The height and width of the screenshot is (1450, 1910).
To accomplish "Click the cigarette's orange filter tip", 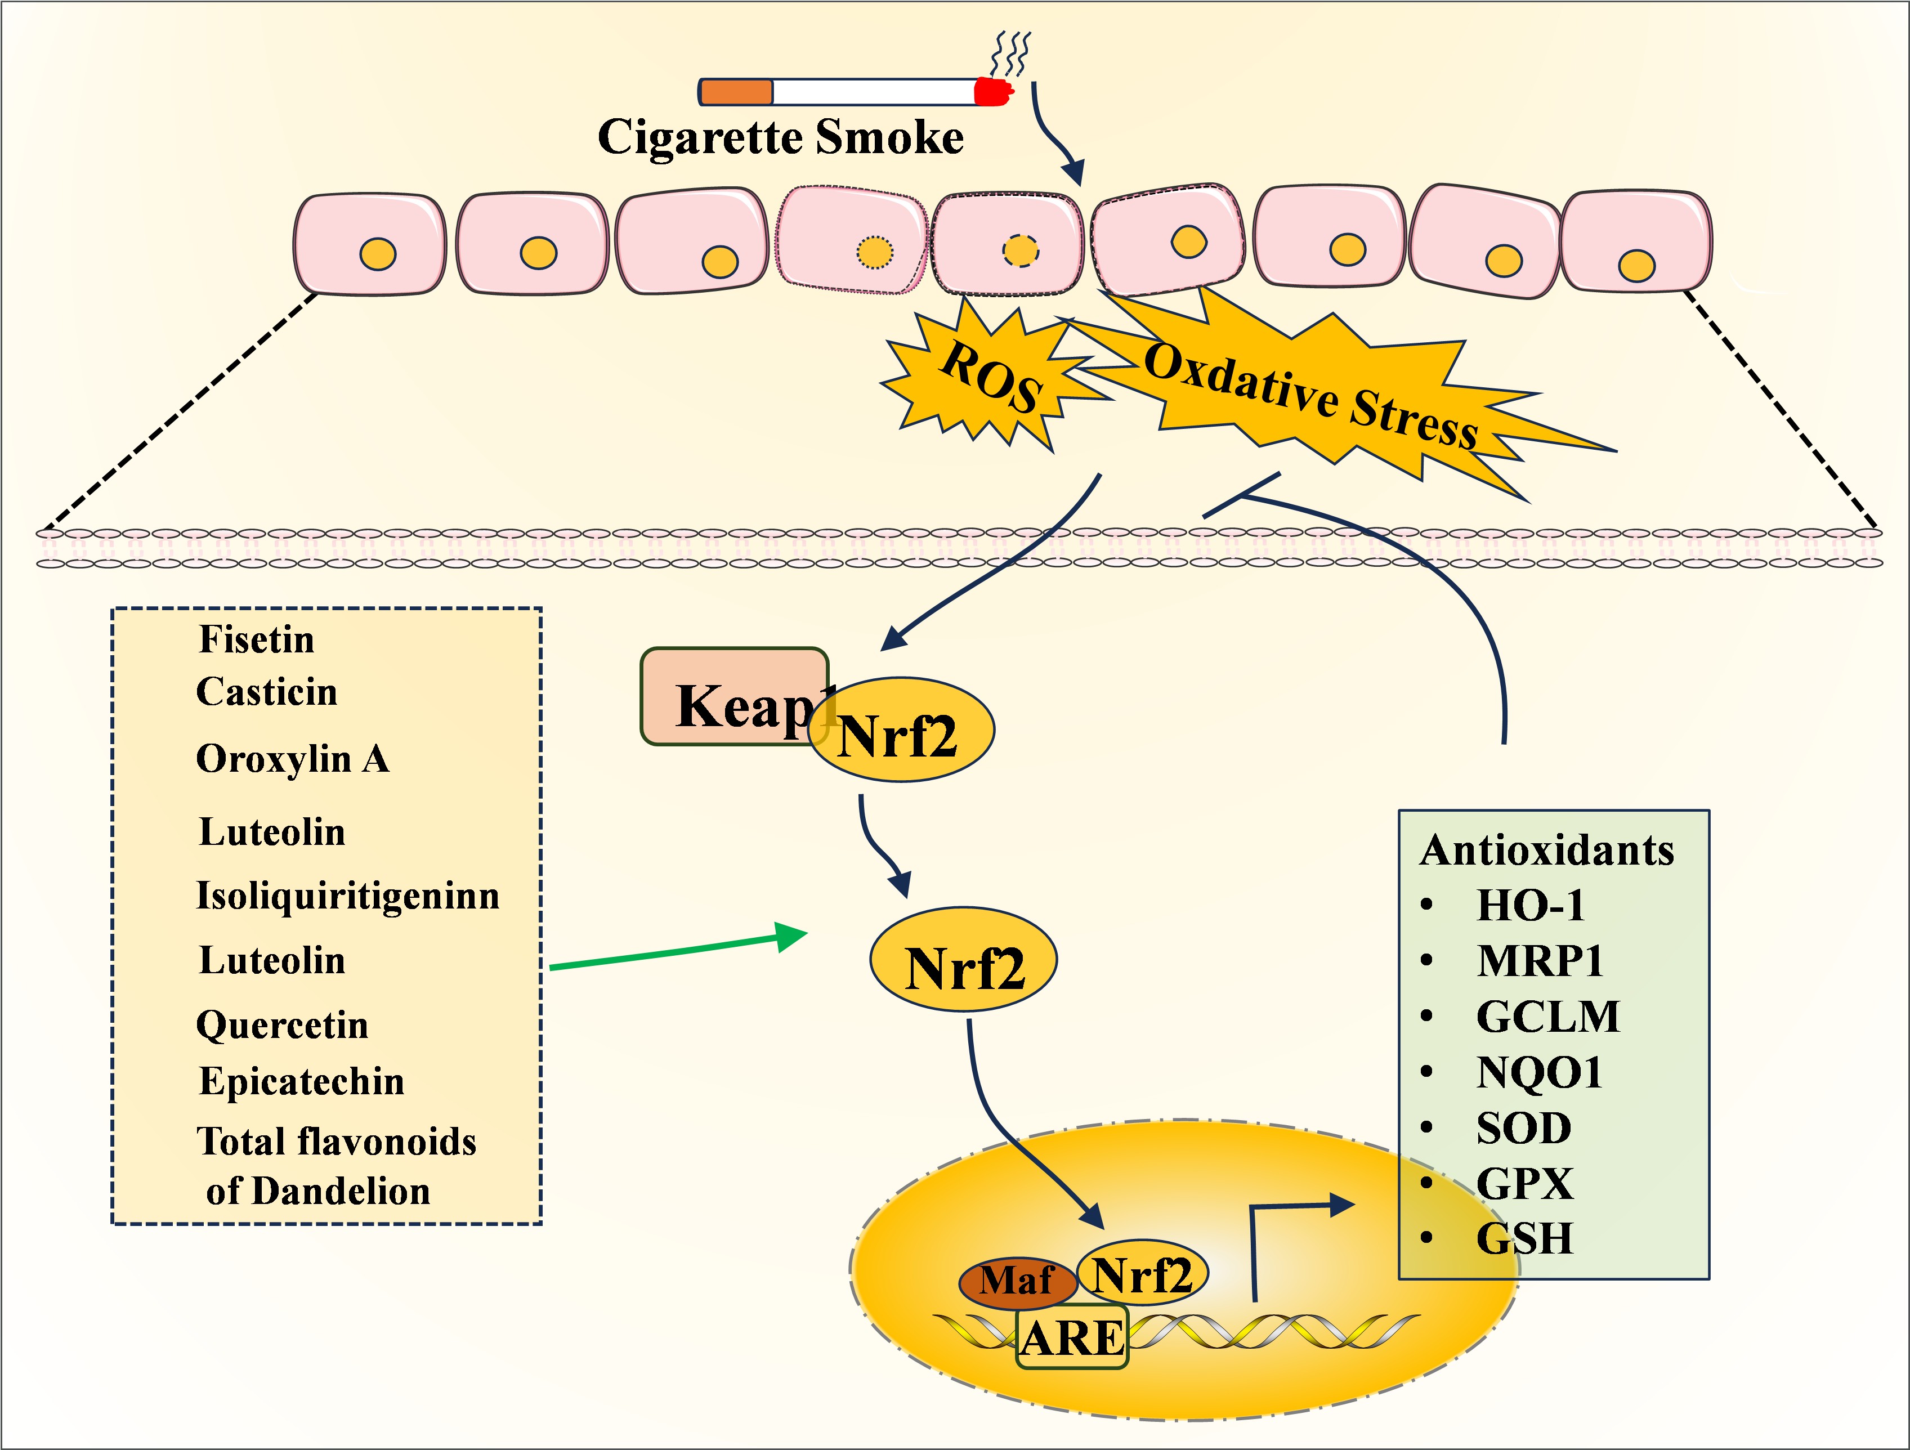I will pyautogui.click(x=736, y=92).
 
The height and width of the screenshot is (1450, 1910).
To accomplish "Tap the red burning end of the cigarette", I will pyautogui.click(x=993, y=92).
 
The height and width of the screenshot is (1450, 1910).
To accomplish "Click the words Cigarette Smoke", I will pyautogui.click(x=781, y=137).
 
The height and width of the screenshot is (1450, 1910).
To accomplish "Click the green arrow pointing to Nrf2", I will pyautogui.click(x=678, y=950).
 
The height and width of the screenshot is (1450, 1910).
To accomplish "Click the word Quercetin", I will pyautogui.click(x=283, y=1025).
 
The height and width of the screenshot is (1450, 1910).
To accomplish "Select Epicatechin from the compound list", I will pyautogui.click(x=301, y=1081).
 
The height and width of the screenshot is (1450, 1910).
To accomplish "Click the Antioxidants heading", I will pyautogui.click(x=1546, y=851).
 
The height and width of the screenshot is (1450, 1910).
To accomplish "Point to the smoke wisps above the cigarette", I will pyautogui.click(x=1010, y=53).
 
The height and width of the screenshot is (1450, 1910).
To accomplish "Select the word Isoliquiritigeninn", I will pyautogui.click(x=348, y=896).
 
